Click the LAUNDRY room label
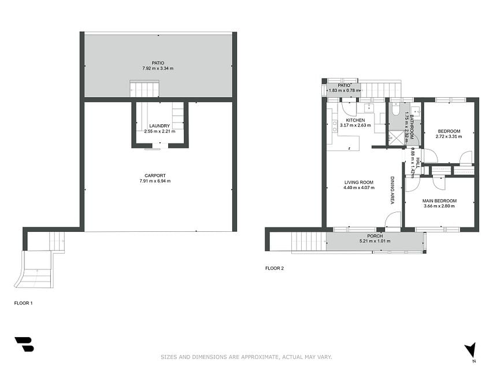point(160,126)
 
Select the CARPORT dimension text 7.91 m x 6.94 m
point(155,181)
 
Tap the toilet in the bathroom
point(395,109)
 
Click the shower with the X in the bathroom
point(396,138)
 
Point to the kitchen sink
point(369,108)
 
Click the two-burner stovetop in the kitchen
point(335,126)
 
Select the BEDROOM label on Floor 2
point(449,131)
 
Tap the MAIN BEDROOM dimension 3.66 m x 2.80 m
point(439,206)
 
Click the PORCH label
point(375,236)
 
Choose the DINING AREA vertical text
point(392,190)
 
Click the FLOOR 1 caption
point(23,303)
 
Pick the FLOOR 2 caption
point(275,268)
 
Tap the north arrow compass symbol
point(470,350)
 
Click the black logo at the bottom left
point(24,344)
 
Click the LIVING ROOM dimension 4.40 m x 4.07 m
point(359,187)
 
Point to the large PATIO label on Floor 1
point(158,63)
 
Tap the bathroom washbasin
point(417,111)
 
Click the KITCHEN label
point(355,120)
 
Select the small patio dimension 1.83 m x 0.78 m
point(344,91)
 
